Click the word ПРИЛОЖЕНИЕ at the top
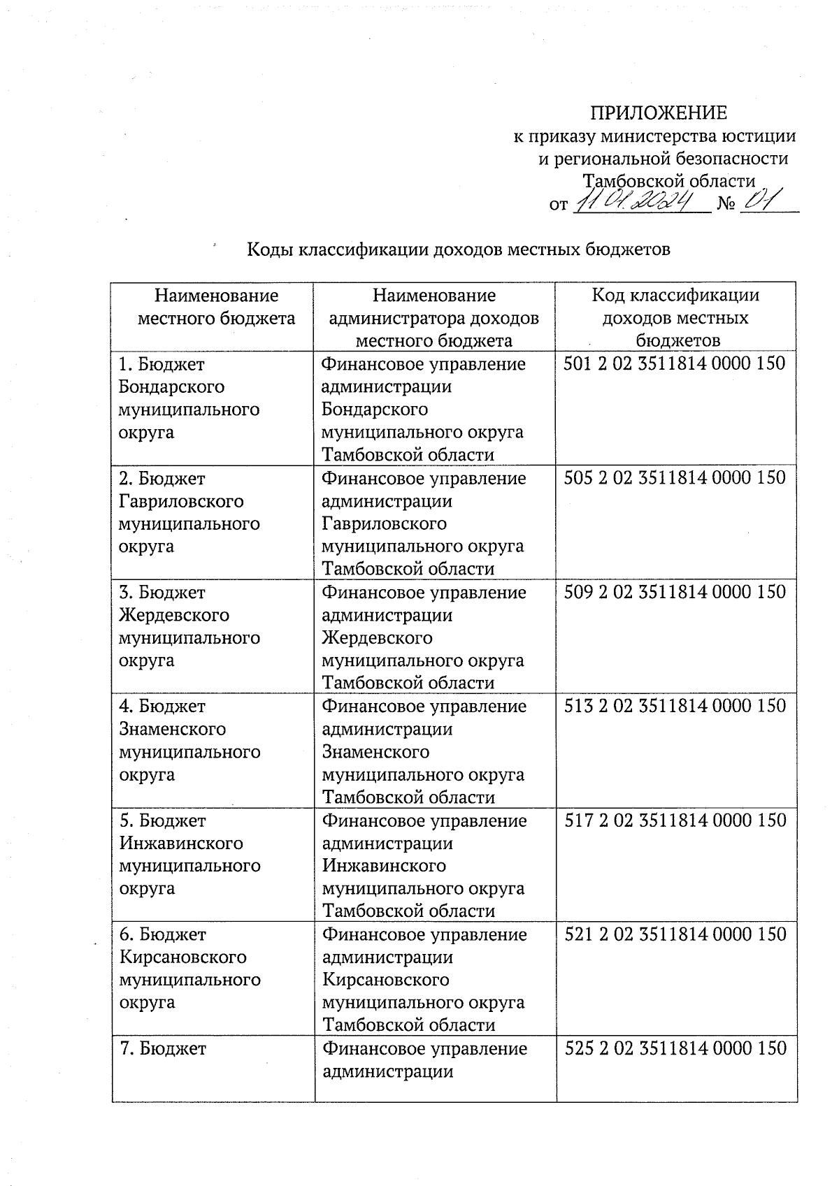pyautogui.click(x=659, y=113)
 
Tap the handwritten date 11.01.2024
pyautogui.click(x=638, y=202)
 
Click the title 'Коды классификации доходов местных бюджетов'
pyautogui.click(x=459, y=249)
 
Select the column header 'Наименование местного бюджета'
pyautogui.click(x=216, y=307)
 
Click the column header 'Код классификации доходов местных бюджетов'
pyautogui.click(x=675, y=317)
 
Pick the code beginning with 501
pyautogui.click(x=675, y=363)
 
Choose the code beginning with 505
pyautogui.click(x=675, y=477)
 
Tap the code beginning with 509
pyautogui.click(x=675, y=592)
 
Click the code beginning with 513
pyautogui.click(x=675, y=706)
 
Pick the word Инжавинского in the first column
pyautogui.click(x=181, y=843)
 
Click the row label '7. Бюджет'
pyautogui.click(x=163, y=1048)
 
